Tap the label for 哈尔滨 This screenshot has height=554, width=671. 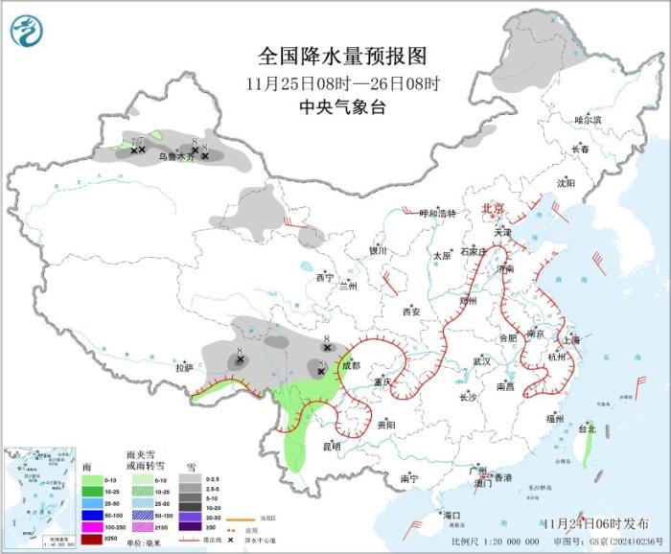click(x=588, y=120)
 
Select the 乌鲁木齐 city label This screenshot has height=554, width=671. click(x=174, y=156)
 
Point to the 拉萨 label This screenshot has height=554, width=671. click(x=184, y=367)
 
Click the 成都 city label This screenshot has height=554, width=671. click(x=351, y=365)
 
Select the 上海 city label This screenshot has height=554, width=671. click(x=571, y=339)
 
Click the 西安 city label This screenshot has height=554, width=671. click(x=411, y=312)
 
